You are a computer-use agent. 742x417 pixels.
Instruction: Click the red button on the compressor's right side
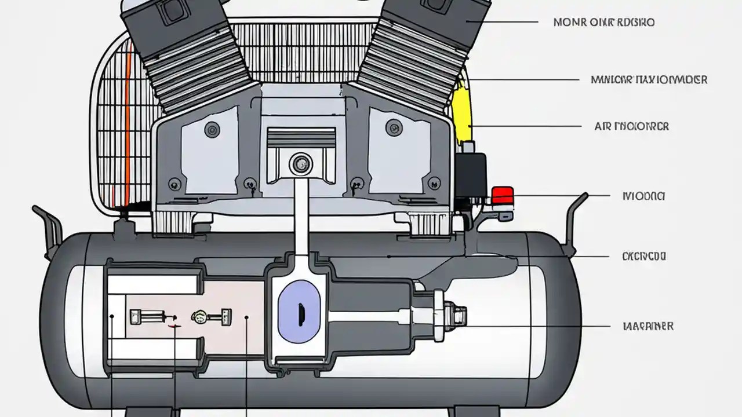click(x=502, y=195)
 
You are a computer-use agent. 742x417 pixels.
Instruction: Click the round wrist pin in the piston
click(x=300, y=164)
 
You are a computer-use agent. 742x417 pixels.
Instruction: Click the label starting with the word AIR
click(x=631, y=126)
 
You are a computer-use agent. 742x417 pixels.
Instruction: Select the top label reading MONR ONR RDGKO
click(x=604, y=23)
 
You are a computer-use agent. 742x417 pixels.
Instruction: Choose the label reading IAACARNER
click(x=648, y=326)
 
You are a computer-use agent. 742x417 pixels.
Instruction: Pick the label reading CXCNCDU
click(x=643, y=255)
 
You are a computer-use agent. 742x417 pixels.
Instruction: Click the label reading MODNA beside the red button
click(x=643, y=196)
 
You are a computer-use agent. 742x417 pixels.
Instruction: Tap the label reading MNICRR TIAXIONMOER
click(x=649, y=79)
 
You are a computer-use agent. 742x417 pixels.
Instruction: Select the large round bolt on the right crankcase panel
click(x=392, y=126)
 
